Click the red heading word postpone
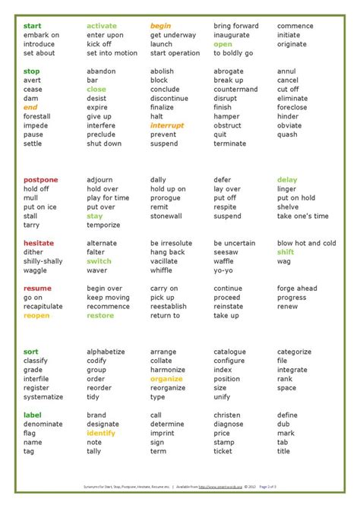[x=40, y=180]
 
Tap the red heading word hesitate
[x=39, y=243]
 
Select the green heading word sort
[x=30, y=352]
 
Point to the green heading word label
[x=32, y=415]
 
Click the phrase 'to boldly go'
[x=234, y=53]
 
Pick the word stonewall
[x=167, y=216]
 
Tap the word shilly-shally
[x=43, y=261]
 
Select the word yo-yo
[x=224, y=270]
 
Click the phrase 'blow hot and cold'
[x=306, y=243]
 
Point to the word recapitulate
[x=43, y=307]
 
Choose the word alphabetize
[x=106, y=352]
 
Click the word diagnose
[x=230, y=424]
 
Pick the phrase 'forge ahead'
[x=298, y=289]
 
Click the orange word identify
[x=101, y=433]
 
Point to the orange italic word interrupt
[x=167, y=126]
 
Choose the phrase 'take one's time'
[x=302, y=216]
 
